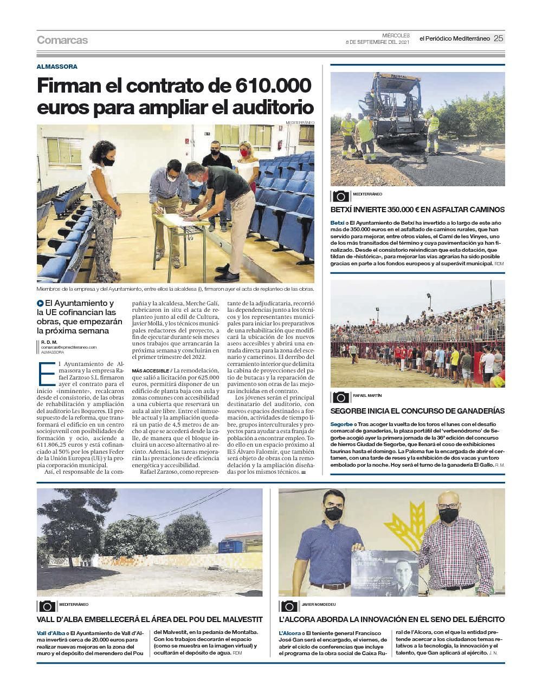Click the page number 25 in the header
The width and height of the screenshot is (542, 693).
click(498, 38)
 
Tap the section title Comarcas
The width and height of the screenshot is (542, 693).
click(62, 40)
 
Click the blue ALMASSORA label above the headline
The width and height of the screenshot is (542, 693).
click(57, 67)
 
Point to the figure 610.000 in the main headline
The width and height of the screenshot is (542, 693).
click(274, 86)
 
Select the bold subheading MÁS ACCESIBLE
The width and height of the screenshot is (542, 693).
click(149, 371)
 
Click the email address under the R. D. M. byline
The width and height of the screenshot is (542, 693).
click(69, 347)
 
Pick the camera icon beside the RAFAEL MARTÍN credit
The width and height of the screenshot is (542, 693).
click(341, 397)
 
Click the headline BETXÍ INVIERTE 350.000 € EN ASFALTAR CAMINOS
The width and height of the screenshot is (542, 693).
click(417, 210)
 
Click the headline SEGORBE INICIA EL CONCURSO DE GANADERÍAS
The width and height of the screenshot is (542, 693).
click(417, 411)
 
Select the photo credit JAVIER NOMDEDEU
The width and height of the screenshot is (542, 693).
click(319, 604)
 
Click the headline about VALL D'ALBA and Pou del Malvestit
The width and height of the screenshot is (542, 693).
click(150, 619)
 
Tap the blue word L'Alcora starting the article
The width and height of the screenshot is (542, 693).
click(289, 633)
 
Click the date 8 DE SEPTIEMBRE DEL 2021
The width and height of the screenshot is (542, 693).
click(378, 42)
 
